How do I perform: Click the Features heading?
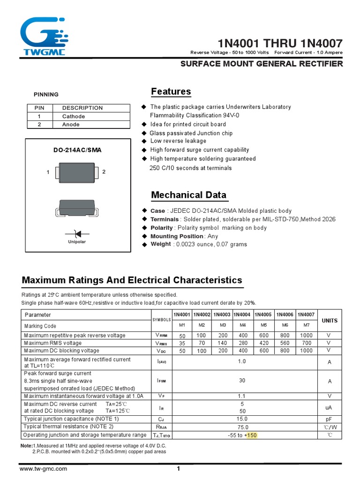click(x=171, y=91)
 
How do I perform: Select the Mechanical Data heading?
click(x=188, y=195)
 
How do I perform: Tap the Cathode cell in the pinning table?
click(x=74, y=116)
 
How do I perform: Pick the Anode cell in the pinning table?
click(x=71, y=124)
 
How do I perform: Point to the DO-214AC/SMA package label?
click(x=77, y=150)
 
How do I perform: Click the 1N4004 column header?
click(x=242, y=315)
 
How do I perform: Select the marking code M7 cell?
click(x=307, y=325)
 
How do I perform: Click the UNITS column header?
click(x=330, y=320)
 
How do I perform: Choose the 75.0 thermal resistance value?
click(x=242, y=427)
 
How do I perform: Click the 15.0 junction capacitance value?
click(x=242, y=419)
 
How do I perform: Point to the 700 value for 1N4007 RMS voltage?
click(x=306, y=343)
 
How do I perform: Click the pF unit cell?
click(x=329, y=419)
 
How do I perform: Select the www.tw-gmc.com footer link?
click(x=43, y=469)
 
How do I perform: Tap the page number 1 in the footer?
click(x=179, y=469)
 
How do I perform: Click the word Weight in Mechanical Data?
click(x=160, y=244)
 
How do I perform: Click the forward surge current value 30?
click(x=242, y=381)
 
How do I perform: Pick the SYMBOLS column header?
click(x=162, y=320)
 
